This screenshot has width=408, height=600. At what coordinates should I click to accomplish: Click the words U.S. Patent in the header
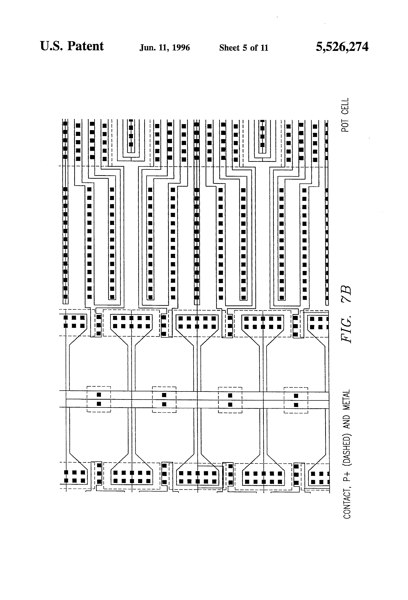[x=72, y=47]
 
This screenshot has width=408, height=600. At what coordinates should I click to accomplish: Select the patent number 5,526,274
[x=342, y=47]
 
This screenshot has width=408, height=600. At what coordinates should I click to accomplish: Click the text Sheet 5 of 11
[x=244, y=48]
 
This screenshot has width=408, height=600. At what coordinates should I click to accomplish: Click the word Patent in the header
[x=86, y=47]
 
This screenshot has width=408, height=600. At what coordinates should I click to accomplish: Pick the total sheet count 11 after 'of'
[x=264, y=48]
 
